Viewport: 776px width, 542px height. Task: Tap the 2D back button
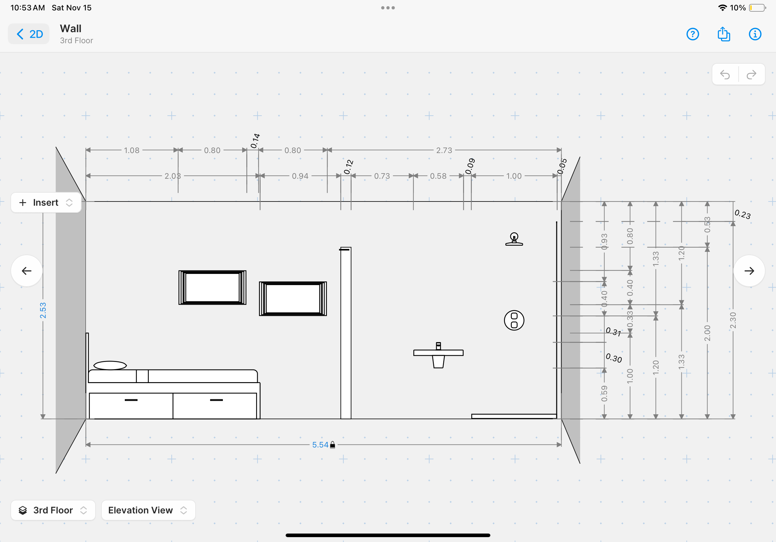pos(29,34)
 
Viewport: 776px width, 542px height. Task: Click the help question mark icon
pos(692,34)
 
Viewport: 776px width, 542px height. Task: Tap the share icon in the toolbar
pos(724,34)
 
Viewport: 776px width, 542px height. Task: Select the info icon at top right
pos(755,34)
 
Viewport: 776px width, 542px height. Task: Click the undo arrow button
pos(725,74)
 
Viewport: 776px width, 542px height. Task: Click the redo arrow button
pos(751,74)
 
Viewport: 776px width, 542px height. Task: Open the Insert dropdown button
pos(46,202)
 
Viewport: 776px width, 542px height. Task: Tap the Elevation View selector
pos(148,510)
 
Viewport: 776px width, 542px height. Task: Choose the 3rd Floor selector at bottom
pos(53,510)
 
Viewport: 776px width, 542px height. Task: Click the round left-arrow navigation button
pos(27,271)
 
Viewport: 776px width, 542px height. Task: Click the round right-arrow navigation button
pos(749,271)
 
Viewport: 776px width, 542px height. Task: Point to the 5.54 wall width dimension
pos(320,445)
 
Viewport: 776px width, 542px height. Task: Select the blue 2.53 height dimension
pos(43,310)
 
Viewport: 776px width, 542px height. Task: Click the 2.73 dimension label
pos(444,150)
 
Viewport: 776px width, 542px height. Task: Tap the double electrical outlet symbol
pos(514,320)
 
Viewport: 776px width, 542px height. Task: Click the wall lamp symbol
pos(514,239)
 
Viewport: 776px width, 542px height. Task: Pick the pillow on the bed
pos(110,365)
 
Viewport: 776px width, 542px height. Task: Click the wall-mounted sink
pos(438,355)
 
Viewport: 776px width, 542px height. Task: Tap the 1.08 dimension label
pos(132,150)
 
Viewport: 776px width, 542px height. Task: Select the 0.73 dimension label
pos(382,176)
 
